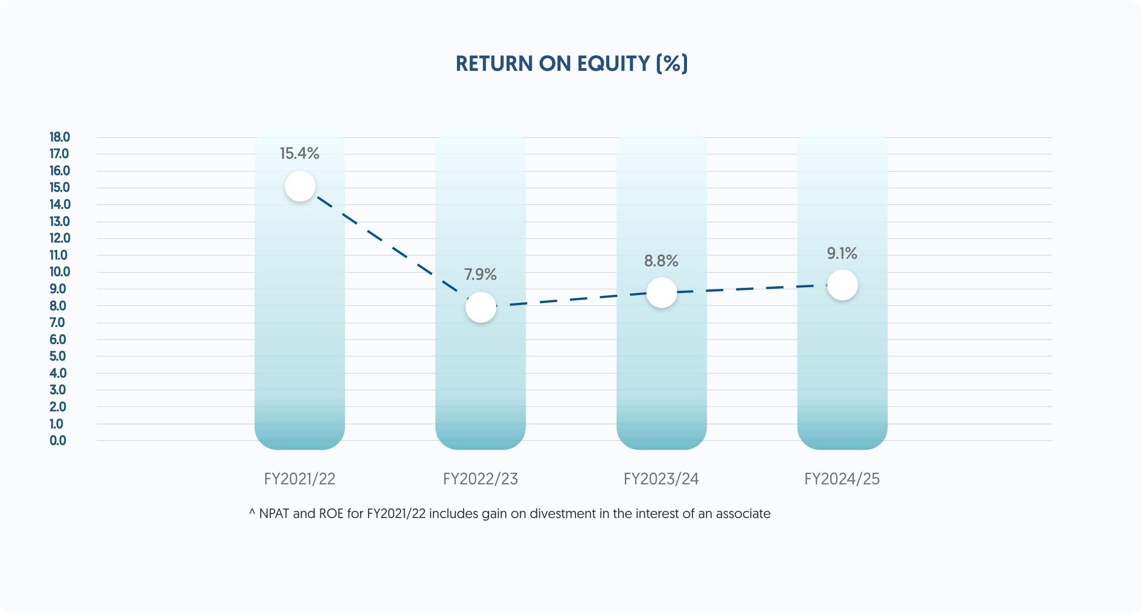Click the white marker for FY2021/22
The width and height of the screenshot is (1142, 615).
pos(300,186)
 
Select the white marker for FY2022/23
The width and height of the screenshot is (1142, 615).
pos(481,307)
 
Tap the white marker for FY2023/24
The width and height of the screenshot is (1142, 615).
pos(661,292)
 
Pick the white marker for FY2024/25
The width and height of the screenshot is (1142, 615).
pos(842,285)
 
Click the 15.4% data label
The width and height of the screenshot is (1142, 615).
pos(299,153)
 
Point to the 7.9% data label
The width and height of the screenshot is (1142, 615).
pos(480,274)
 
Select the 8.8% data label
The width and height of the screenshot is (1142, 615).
pos(661,261)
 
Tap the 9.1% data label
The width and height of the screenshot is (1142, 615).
pos(842,253)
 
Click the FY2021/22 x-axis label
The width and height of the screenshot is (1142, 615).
pos(299,479)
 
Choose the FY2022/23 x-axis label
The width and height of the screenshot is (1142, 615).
pos(480,479)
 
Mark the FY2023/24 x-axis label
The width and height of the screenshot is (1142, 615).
pos(661,479)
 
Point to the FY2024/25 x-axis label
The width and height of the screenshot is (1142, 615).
pos(842,479)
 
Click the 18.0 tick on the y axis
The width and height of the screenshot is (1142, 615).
pos(59,137)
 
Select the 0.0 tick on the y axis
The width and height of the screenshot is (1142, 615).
pos(58,441)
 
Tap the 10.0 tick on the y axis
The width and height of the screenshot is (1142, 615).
pos(59,272)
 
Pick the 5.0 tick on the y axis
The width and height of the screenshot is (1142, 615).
pos(58,356)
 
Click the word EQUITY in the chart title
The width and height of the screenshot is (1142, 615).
pos(613,64)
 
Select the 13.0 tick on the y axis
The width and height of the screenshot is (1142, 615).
pos(59,222)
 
